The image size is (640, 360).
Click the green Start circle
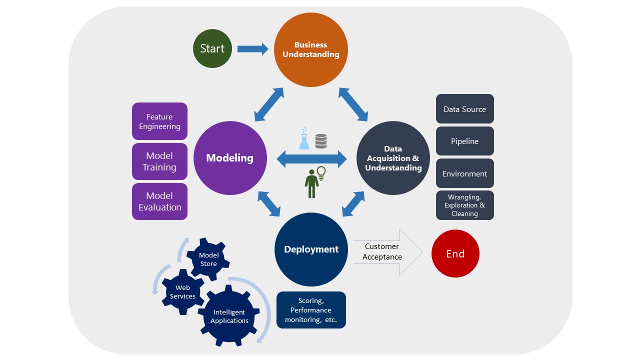click(212, 48)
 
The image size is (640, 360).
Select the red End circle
click(455, 253)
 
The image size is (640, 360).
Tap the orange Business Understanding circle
click(310, 49)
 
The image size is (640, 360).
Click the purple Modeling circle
click(230, 158)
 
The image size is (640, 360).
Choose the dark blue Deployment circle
click(311, 249)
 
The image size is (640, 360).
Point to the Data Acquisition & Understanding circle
click(393, 158)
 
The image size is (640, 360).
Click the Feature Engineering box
click(159, 121)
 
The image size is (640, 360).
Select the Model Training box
click(159, 161)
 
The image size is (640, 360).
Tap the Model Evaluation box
click(159, 201)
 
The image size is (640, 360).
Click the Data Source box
click(464, 109)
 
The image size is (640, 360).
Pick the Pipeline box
click(464, 141)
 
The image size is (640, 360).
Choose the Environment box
click(464, 173)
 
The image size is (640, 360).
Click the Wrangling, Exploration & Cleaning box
click(464, 205)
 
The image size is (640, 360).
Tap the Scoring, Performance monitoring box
click(311, 310)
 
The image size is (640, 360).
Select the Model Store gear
click(208, 259)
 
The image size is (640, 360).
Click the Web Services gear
click(182, 292)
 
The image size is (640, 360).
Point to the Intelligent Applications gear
click(229, 316)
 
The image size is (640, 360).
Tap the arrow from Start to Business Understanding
click(252, 48)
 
